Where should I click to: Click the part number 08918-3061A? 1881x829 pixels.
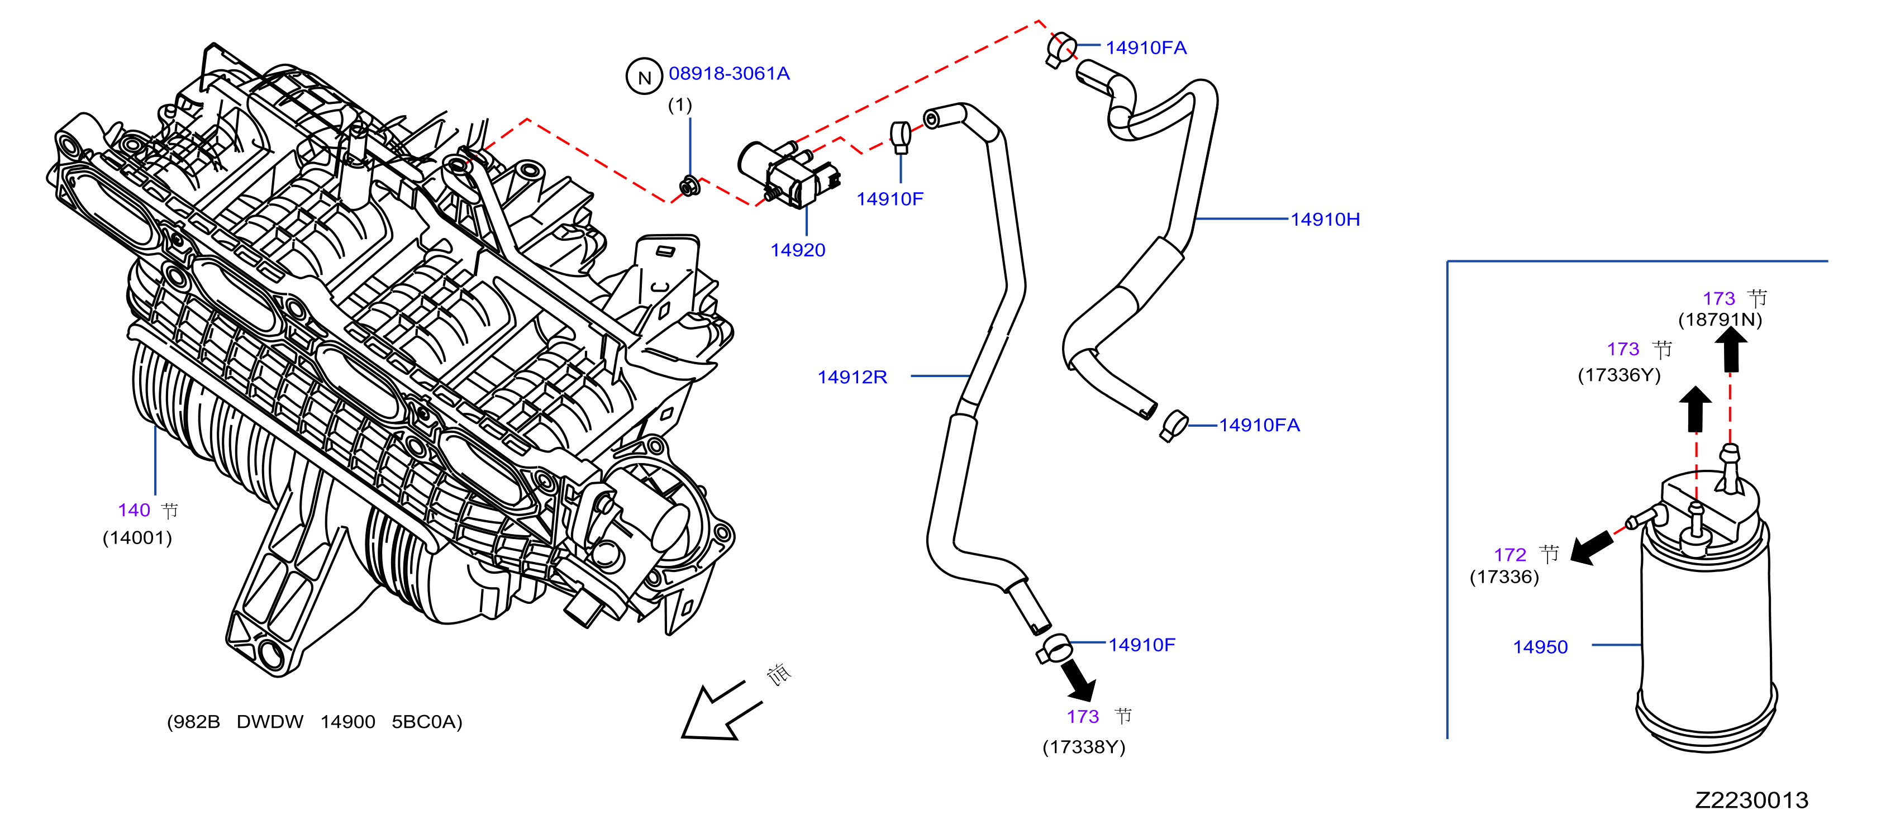tap(728, 74)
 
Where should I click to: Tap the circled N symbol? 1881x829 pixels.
tap(644, 77)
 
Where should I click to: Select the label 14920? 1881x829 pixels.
tap(797, 250)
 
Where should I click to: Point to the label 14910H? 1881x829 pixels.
tap(1325, 219)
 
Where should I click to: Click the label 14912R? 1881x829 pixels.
tap(852, 377)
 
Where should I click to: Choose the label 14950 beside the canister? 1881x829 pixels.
tap(1540, 647)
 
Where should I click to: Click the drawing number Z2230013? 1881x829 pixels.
tap(1751, 800)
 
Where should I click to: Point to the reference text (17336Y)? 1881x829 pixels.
tap(1619, 375)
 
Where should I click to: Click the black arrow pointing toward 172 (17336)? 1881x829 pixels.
tap(1591, 547)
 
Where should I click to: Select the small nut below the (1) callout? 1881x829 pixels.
tap(689, 188)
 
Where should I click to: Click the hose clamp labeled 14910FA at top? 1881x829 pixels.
tap(1060, 50)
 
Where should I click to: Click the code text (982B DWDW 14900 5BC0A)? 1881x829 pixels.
tap(315, 722)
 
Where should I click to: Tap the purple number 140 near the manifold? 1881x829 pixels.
tap(134, 510)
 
